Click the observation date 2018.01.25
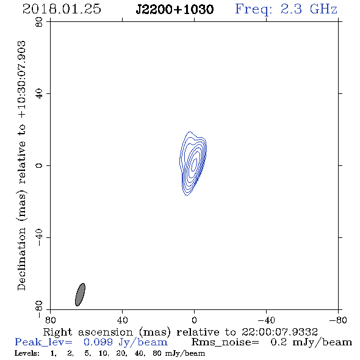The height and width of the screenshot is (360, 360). point(62,9)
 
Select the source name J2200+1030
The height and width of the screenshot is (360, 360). point(175,9)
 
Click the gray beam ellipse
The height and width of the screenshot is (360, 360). point(80,295)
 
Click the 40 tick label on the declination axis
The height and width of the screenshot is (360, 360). point(39,94)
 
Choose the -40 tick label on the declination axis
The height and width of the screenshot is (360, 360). point(39,237)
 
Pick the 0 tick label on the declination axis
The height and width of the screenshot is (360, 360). point(39,165)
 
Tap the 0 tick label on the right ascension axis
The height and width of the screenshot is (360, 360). point(194,320)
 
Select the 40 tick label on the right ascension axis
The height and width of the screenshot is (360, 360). point(122,320)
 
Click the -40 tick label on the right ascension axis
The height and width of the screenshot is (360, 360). point(266,320)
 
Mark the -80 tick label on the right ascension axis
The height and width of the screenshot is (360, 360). point(338,320)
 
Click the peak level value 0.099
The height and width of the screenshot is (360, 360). point(98,342)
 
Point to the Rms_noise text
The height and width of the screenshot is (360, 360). point(225,342)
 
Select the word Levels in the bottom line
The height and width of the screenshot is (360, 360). point(27,353)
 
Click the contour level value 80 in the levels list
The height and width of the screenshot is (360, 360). point(157,353)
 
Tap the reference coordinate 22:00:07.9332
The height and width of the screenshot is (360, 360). point(279,332)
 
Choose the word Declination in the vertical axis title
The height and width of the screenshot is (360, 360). point(21,259)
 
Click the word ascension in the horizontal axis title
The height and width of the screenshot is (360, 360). point(106,332)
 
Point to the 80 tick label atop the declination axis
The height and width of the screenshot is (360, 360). point(39,22)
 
